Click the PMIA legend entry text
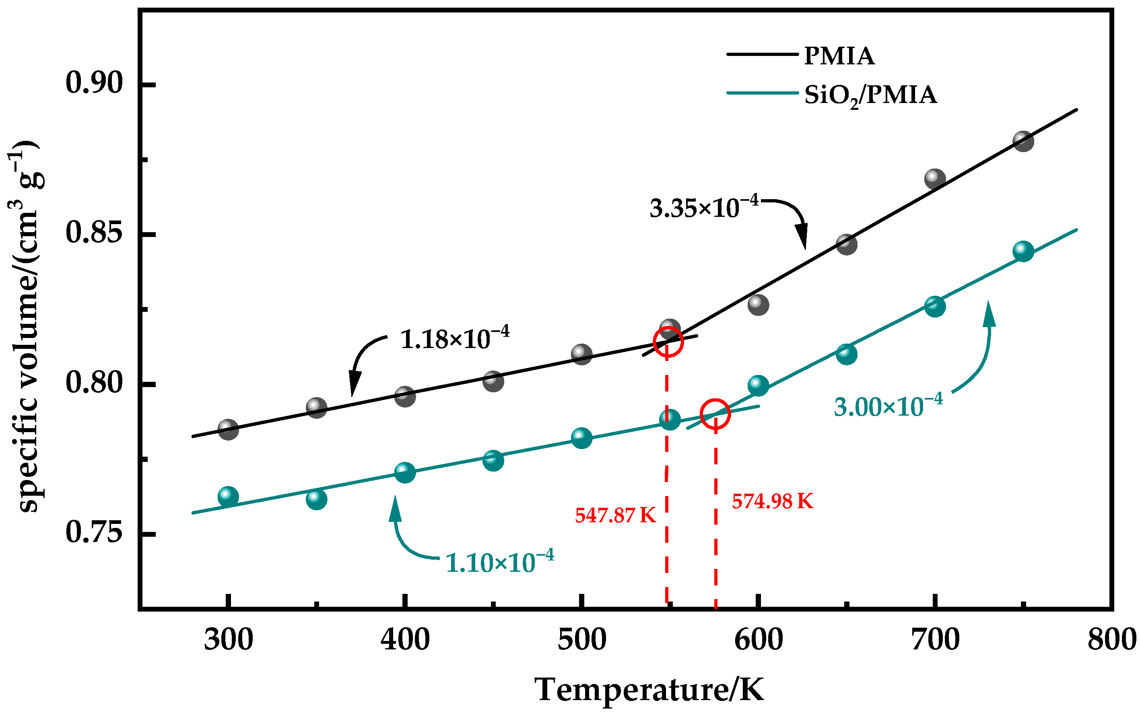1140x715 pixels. [x=839, y=56]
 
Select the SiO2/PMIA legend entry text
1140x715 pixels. [x=870, y=95]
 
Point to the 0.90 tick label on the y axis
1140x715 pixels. [x=94, y=83]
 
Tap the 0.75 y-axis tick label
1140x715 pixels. [x=94, y=532]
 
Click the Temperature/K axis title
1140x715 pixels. [x=649, y=690]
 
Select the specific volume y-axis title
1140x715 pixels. [x=26, y=326]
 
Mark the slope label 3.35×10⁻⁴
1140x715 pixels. [x=703, y=207]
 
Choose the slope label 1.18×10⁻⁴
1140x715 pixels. [x=454, y=338]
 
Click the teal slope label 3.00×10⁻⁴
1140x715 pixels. [x=888, y=406]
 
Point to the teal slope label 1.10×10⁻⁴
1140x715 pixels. [x=499, y=562]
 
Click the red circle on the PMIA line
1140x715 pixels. [x=668, y=342]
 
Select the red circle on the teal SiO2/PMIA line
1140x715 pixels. [x=715, y=414]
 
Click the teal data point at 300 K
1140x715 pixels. [x=228, y=497]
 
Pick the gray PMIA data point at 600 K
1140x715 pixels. [x=758, y=305]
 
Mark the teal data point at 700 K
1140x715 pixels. [x=935, y=307]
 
